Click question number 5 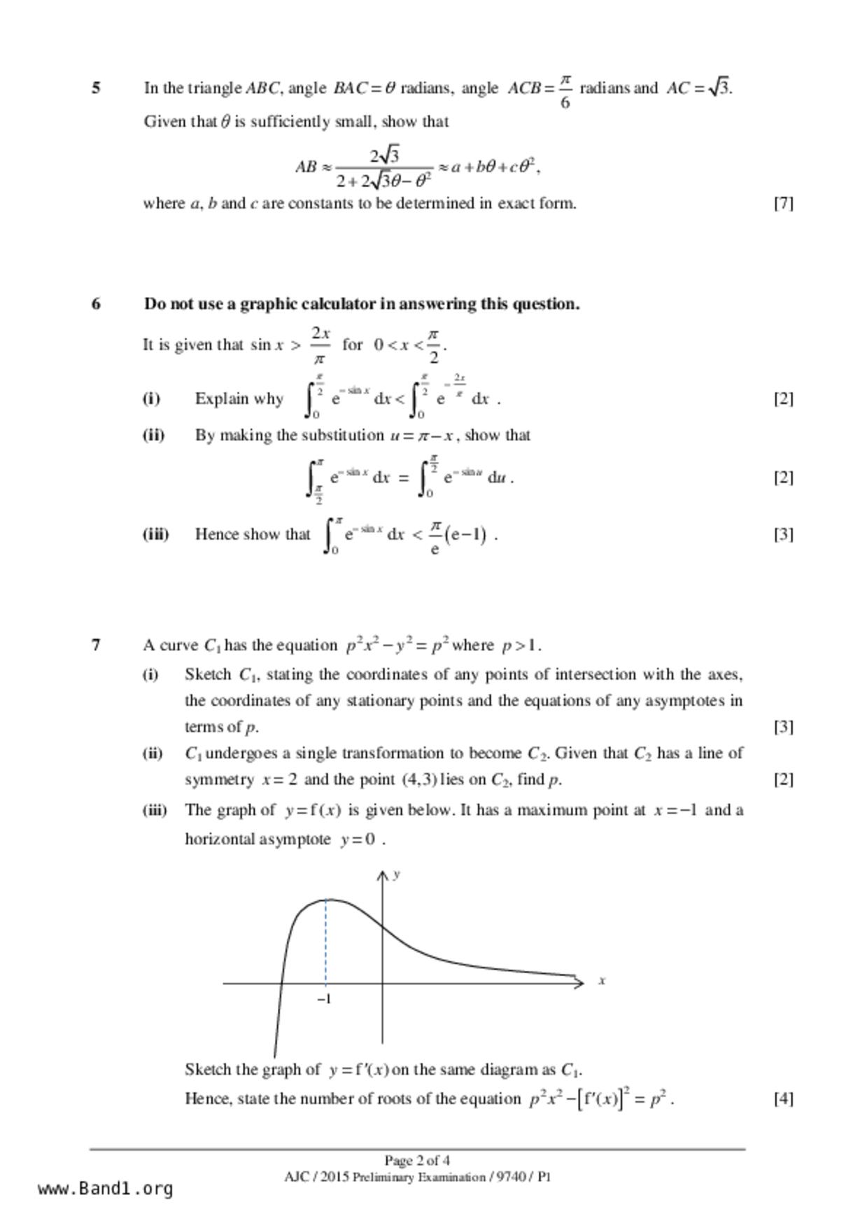pos(96,88)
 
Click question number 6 pos(96,304)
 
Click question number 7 pos(96,645)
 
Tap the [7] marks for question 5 pos(783,203)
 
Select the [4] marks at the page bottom pos(783,1098)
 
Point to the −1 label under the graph pos(324,999)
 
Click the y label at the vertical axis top pos(397,874)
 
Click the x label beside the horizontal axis pos(602,981)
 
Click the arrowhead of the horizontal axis pos(579,983)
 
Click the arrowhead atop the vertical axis pos(382,876)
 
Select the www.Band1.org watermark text pos(105,1188)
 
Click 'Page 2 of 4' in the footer pos(417,1160)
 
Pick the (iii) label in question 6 pos(155,534)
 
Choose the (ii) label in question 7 pos(153,753)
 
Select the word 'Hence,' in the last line pos(209,1098)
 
